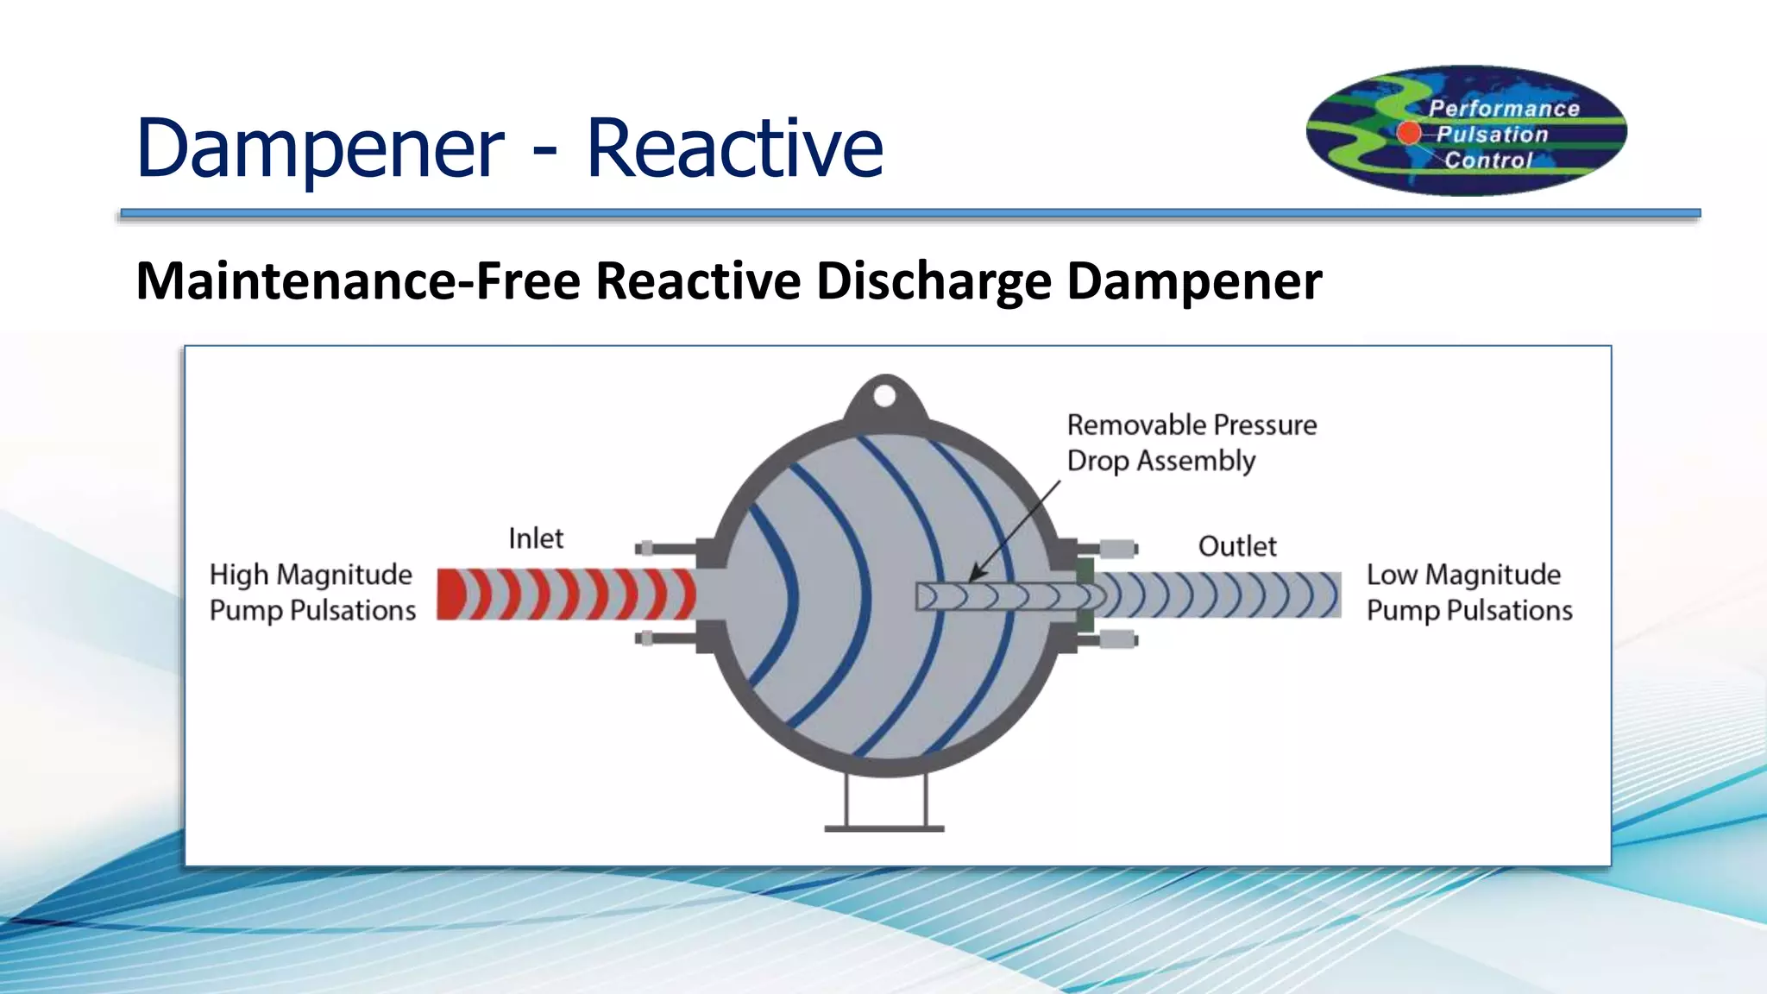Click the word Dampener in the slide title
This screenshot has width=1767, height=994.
point(319,148)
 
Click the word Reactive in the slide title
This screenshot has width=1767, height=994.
point(734,148)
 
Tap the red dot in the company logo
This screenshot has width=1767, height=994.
point(1408,132)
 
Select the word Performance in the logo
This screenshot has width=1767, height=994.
point(1504,109)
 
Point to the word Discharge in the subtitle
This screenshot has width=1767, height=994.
point(934,281)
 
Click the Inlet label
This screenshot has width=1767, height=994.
point(535,538)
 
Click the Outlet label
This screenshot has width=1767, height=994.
point(1236,546)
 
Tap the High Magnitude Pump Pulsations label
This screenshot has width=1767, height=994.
point(312,592)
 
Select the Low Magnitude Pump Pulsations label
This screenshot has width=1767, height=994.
point(1468,592)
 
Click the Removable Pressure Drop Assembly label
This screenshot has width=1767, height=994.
point(1191,443)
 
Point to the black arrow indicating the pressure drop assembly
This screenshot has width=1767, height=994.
point(1015,531)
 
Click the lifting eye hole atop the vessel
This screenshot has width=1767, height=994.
point(884,396)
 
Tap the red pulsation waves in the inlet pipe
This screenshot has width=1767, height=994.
point(565,594)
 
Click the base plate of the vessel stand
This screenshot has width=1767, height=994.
point(884,828)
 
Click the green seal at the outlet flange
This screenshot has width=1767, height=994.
point(1085,595)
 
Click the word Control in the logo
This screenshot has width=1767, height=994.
point(1488,160)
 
